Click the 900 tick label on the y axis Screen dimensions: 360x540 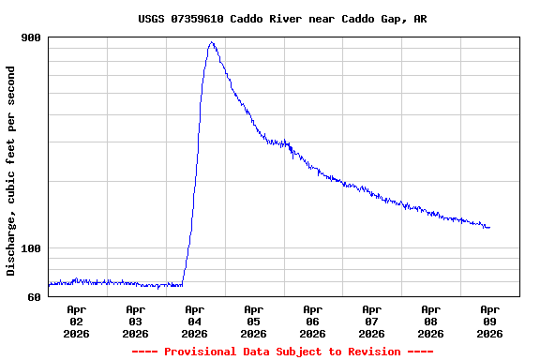point(31,37)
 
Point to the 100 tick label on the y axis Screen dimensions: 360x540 point(31,248)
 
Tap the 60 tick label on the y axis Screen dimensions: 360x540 point(34,297)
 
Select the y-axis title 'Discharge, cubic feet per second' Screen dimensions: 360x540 point(11,171)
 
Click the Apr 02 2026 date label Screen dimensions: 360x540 point(77,321)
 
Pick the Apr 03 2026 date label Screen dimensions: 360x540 point(136,321)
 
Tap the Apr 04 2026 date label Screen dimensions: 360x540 point(195,321)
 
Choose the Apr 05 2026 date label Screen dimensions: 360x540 point(254,321)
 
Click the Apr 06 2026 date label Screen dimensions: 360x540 point(313,321)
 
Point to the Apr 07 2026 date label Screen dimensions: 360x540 point(372,321)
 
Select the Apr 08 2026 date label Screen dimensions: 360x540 point(431,321)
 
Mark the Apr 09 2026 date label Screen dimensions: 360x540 point(490,321)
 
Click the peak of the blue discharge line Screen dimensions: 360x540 point(212,42)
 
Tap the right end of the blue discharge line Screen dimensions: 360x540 point(489,228)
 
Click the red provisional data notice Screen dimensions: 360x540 point(282,352)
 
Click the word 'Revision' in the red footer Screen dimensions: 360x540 point(374,352)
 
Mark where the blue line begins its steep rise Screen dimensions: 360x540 point(182,284)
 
